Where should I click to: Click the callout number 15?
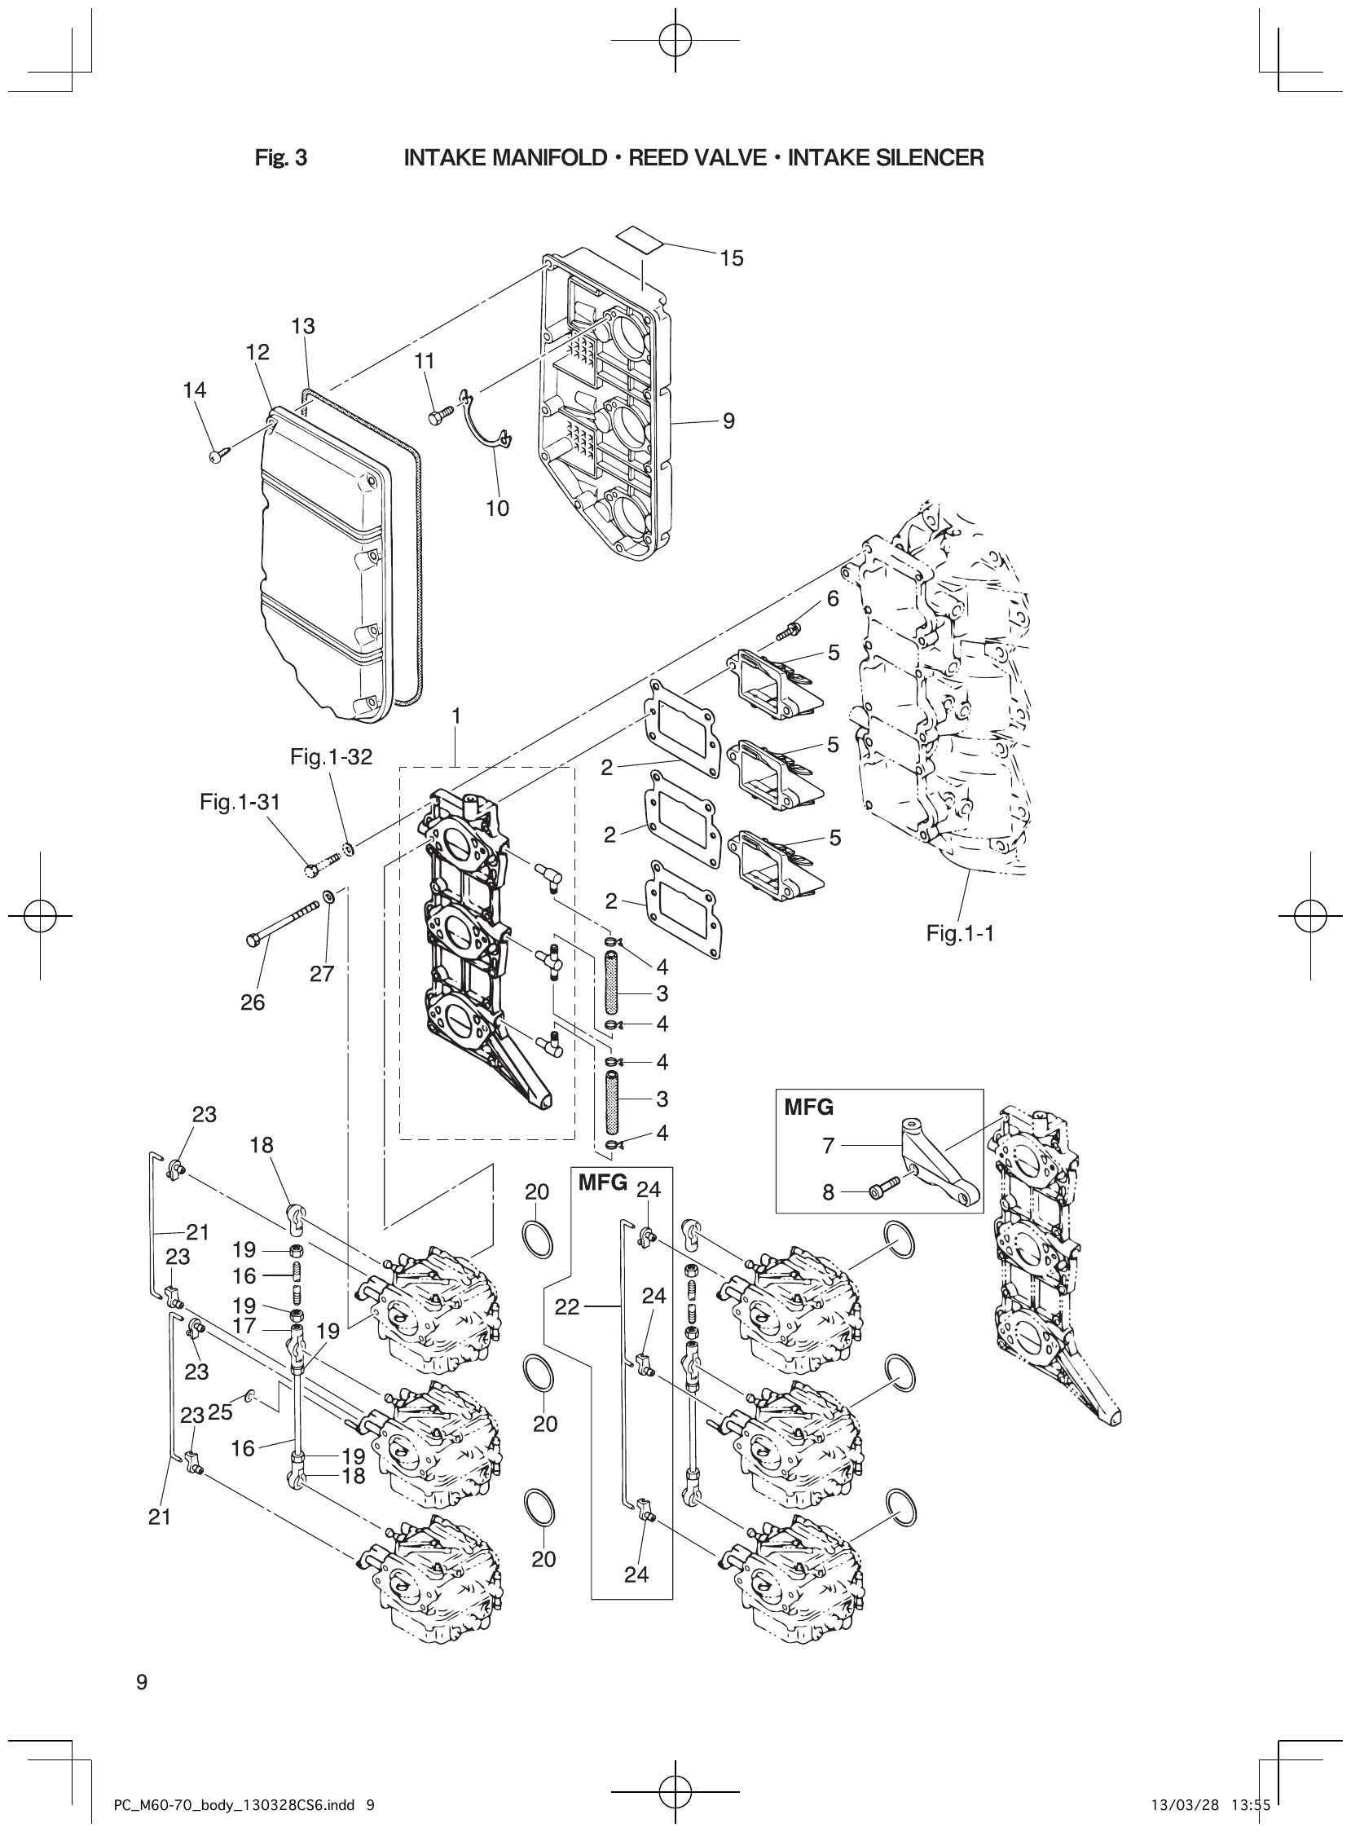click(x=731, y=258)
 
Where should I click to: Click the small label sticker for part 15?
click(x=640, y=238)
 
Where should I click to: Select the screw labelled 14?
click(x=218, y=455)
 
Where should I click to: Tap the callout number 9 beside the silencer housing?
click(x=728, y=421)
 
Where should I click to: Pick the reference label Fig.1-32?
click(x=330, y=757)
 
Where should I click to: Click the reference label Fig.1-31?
click(x=240, y=803)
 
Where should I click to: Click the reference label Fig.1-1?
click(x=959, y=933)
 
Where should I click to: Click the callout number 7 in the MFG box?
click(x=829, y=1147)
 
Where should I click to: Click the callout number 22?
click(x=567, y=1307)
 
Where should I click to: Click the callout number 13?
click(x=302, y=326)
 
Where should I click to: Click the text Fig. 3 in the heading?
click(x=280, y=158)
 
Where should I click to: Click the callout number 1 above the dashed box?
click(x=456, y=716)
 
